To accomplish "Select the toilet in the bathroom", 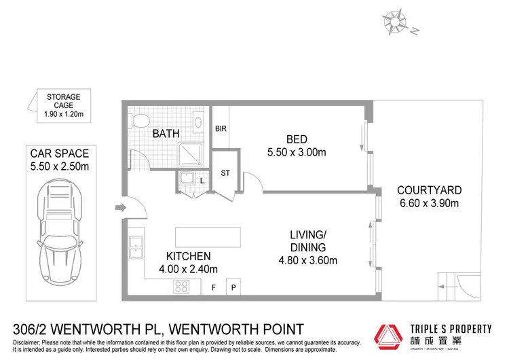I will (140, 121).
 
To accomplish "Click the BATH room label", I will (166, 134).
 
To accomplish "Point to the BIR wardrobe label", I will (221, 128).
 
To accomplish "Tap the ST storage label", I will (226, 173).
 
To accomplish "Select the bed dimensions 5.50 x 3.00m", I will (297, 153).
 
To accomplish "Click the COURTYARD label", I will (429, 190).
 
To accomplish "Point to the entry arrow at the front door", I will (119, 208).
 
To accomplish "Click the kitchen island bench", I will (207, 237).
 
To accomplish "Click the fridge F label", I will (212, 288).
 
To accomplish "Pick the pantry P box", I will (233, 288).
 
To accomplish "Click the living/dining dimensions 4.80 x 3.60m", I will (307, 259).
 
